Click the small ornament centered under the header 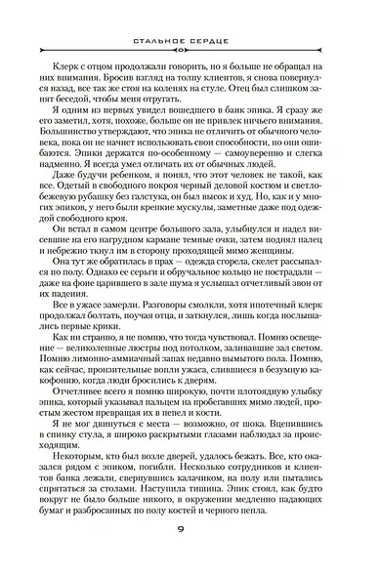tap(190, 47)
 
